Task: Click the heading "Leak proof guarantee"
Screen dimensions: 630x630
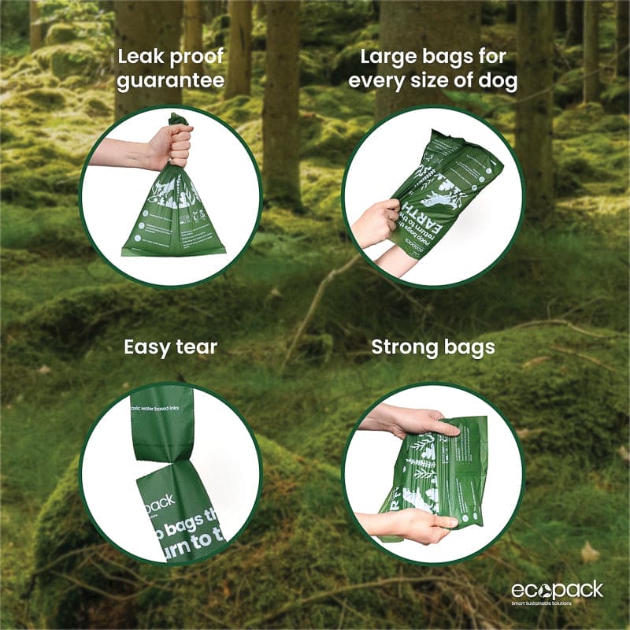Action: coord(170,69)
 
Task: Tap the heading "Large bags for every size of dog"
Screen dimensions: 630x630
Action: coord(432,69)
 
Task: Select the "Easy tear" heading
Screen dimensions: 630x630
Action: coord(170,346)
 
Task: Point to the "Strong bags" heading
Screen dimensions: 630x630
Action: coord(432,346)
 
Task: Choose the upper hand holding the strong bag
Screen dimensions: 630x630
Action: coord(413,421)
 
